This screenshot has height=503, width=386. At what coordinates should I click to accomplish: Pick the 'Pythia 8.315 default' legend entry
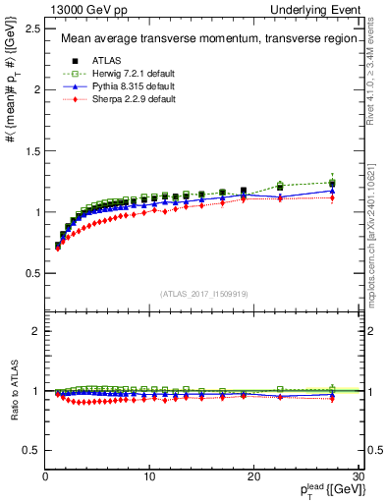(x=129, y=87)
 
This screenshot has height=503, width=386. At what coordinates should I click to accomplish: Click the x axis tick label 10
(x=149, y=476)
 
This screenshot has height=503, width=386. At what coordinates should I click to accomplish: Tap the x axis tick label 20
(x=253, y=476)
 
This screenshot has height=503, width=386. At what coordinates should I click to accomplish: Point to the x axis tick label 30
(x=358, y=476)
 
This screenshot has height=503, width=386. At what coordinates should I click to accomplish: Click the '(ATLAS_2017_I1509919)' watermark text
(x=202, y=292)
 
